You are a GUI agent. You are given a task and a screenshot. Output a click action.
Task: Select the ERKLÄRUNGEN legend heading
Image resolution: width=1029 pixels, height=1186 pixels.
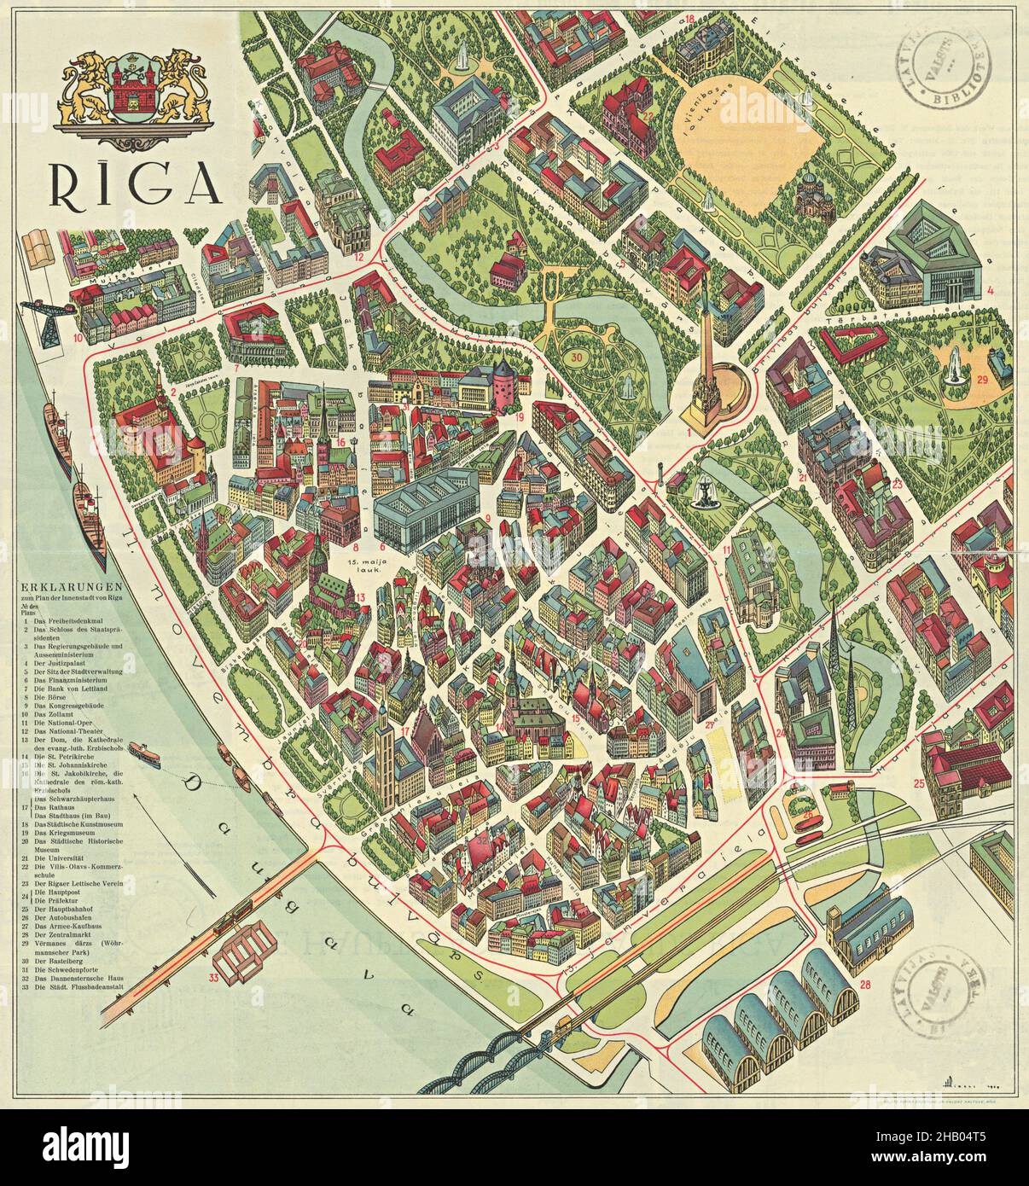point(71,586)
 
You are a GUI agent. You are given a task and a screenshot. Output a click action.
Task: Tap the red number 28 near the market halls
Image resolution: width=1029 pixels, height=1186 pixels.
point(865,986)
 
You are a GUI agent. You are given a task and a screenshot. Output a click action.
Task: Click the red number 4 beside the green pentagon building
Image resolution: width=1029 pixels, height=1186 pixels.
point(990,290)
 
